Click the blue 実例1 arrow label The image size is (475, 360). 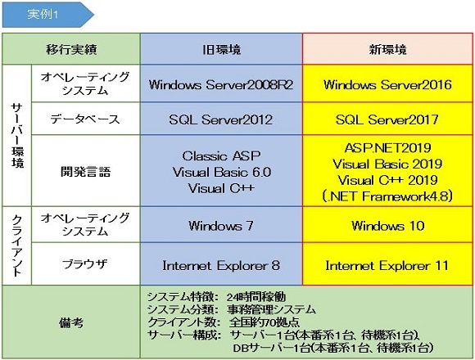click(47, 15)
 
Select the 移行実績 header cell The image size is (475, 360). click(71, 49)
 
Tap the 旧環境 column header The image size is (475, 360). click(221, 49)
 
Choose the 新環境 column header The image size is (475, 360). click(387, 49)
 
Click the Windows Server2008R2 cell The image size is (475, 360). click(221, 83)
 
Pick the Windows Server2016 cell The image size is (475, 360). click(387, 83)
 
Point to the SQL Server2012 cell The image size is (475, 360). click(221, 119)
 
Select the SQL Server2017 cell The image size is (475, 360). click(387, 119)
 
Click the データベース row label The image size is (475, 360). click(86, 119)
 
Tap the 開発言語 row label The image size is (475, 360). click(86, 171)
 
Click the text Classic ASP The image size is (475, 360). click(221, 155)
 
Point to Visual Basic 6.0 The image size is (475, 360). click(222, 172)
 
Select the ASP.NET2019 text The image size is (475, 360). click(387, 148)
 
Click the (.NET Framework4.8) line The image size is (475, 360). click(387, 196)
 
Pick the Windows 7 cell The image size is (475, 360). click(221, 224)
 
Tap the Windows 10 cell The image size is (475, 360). click(387, 224)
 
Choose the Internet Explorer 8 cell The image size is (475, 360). click(221, 263)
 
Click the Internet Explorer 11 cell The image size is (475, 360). click(387, 263)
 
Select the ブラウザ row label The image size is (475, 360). click(86, 263)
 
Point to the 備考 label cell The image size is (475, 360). click(71, 322)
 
